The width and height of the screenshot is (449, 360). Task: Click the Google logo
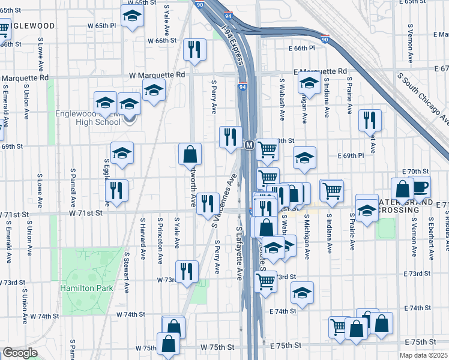(20, 353)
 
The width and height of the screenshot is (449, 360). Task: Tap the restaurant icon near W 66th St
(194, 49)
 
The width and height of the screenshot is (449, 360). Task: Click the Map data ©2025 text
(424, 355)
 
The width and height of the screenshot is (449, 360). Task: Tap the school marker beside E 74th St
(303, 293)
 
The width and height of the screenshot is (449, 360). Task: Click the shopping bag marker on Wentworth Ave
(190, 155)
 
